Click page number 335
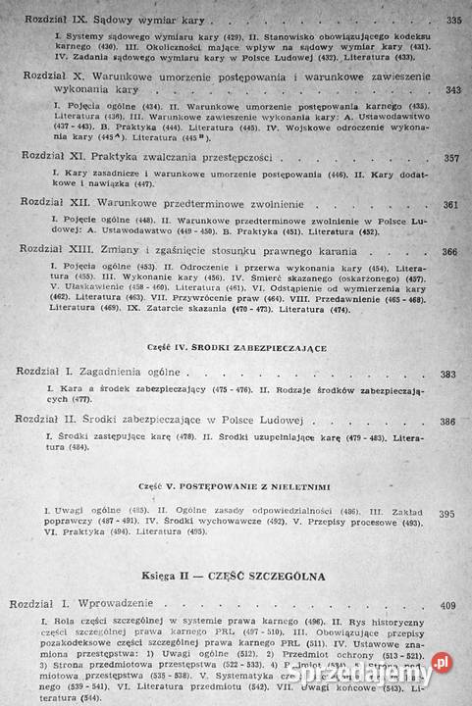pos(453,20)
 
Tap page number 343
pos(453,90)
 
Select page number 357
pos(451,158)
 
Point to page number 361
pos(451,205)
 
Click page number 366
pos(450,252)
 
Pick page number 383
pos(448,375)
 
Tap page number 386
pos(448,422)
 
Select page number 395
pos(447,514)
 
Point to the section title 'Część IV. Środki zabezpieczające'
pos(233,349)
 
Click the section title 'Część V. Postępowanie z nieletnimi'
pos(231,484)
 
